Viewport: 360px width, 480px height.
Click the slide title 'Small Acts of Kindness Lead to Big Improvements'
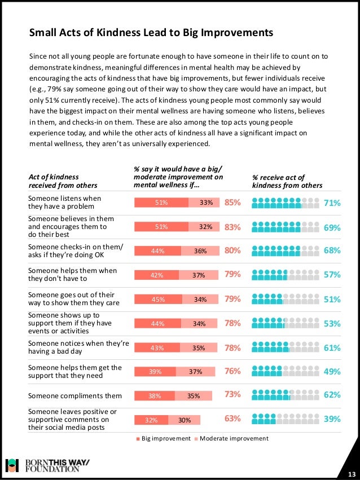pyautogui.click(x=151, y=33)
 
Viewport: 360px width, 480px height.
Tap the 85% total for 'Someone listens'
pyautogui.click(x=232, y=202)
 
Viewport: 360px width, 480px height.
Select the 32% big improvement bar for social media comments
pyautogui.click(x=151, y=420)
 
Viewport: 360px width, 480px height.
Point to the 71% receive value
pyautogui.click(x=332, y=202)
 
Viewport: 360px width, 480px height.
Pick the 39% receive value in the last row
pyautogui.click(x=332, y=419)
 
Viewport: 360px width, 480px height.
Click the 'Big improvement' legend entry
pyautogui.click(x=163, y=438)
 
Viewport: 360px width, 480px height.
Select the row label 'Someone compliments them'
pyautogui.click(x=74, y=395)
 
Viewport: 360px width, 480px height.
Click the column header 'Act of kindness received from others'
pyautogui.click(x=62, y=181)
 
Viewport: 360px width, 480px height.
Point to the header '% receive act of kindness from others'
pyautogui.click(x=287, y=181)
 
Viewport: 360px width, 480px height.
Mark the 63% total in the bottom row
pyautogui.click(x=232, y=419)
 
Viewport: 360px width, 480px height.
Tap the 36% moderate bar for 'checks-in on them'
pyautogui.click(x=200, y=252)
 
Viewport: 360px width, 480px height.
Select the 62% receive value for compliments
pyautogui.click(x=332, y=395)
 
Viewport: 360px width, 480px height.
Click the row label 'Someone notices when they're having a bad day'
pyautogui.click(x=78, y=347)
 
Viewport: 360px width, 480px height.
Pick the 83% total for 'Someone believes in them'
pyautogui.click(x=232, y=227)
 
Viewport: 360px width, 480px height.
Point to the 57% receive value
pyautogui.click(x=332, y=275)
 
